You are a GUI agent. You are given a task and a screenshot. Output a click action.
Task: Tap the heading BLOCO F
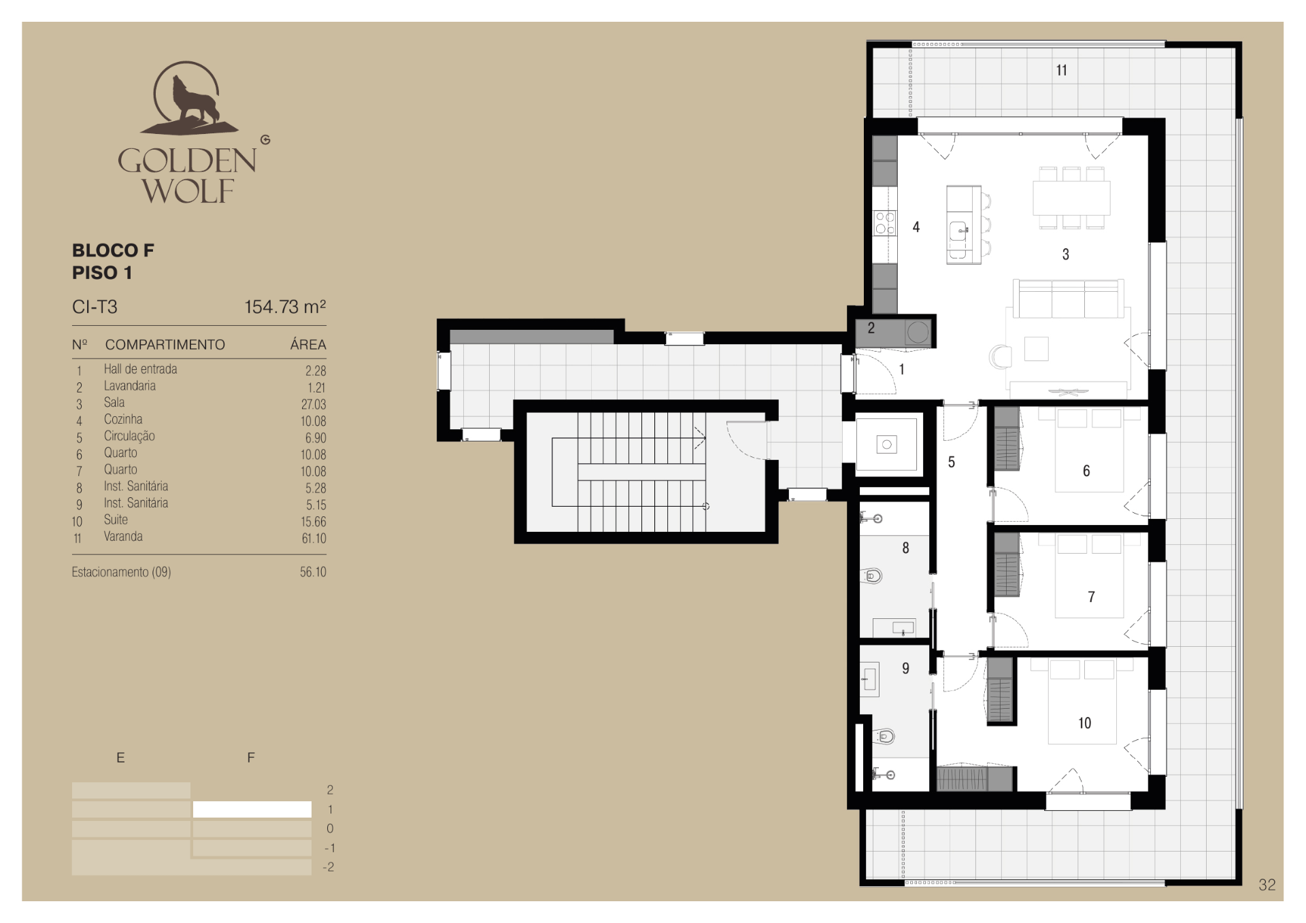[113, 250]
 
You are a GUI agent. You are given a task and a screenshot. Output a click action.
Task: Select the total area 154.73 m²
[285, 307]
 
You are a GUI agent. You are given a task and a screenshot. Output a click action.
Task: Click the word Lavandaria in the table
[129, 386]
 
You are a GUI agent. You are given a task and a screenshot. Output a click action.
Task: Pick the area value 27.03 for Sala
[314, 404]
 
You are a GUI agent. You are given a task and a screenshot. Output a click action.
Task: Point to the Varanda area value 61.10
[314, 538]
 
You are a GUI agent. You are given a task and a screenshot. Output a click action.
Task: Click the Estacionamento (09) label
[121, 572]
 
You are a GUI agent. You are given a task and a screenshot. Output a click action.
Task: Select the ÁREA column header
[308, 344]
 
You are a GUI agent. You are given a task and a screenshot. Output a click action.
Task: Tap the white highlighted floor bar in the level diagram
[252, 809]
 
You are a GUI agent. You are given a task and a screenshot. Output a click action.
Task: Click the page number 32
[1267, 885]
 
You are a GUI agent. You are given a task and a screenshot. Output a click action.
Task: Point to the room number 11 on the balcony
[1061, 70]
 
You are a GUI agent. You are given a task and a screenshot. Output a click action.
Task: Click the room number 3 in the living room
[1066, 254]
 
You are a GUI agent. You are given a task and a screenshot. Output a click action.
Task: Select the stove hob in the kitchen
[885, 223]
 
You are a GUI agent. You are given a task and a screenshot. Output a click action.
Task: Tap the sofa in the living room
[1068, 299]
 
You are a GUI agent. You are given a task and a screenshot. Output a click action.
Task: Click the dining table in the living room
[1071, 198]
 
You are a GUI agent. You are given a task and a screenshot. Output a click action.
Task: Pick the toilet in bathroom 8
[873, 576]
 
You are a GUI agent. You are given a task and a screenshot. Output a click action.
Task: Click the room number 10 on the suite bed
[1084, 723]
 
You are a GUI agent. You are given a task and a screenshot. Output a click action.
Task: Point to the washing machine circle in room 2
[918, 332]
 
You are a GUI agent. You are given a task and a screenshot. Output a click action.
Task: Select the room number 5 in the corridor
[952, 463]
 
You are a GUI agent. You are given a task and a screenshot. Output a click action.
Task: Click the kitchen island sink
[958, 231]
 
